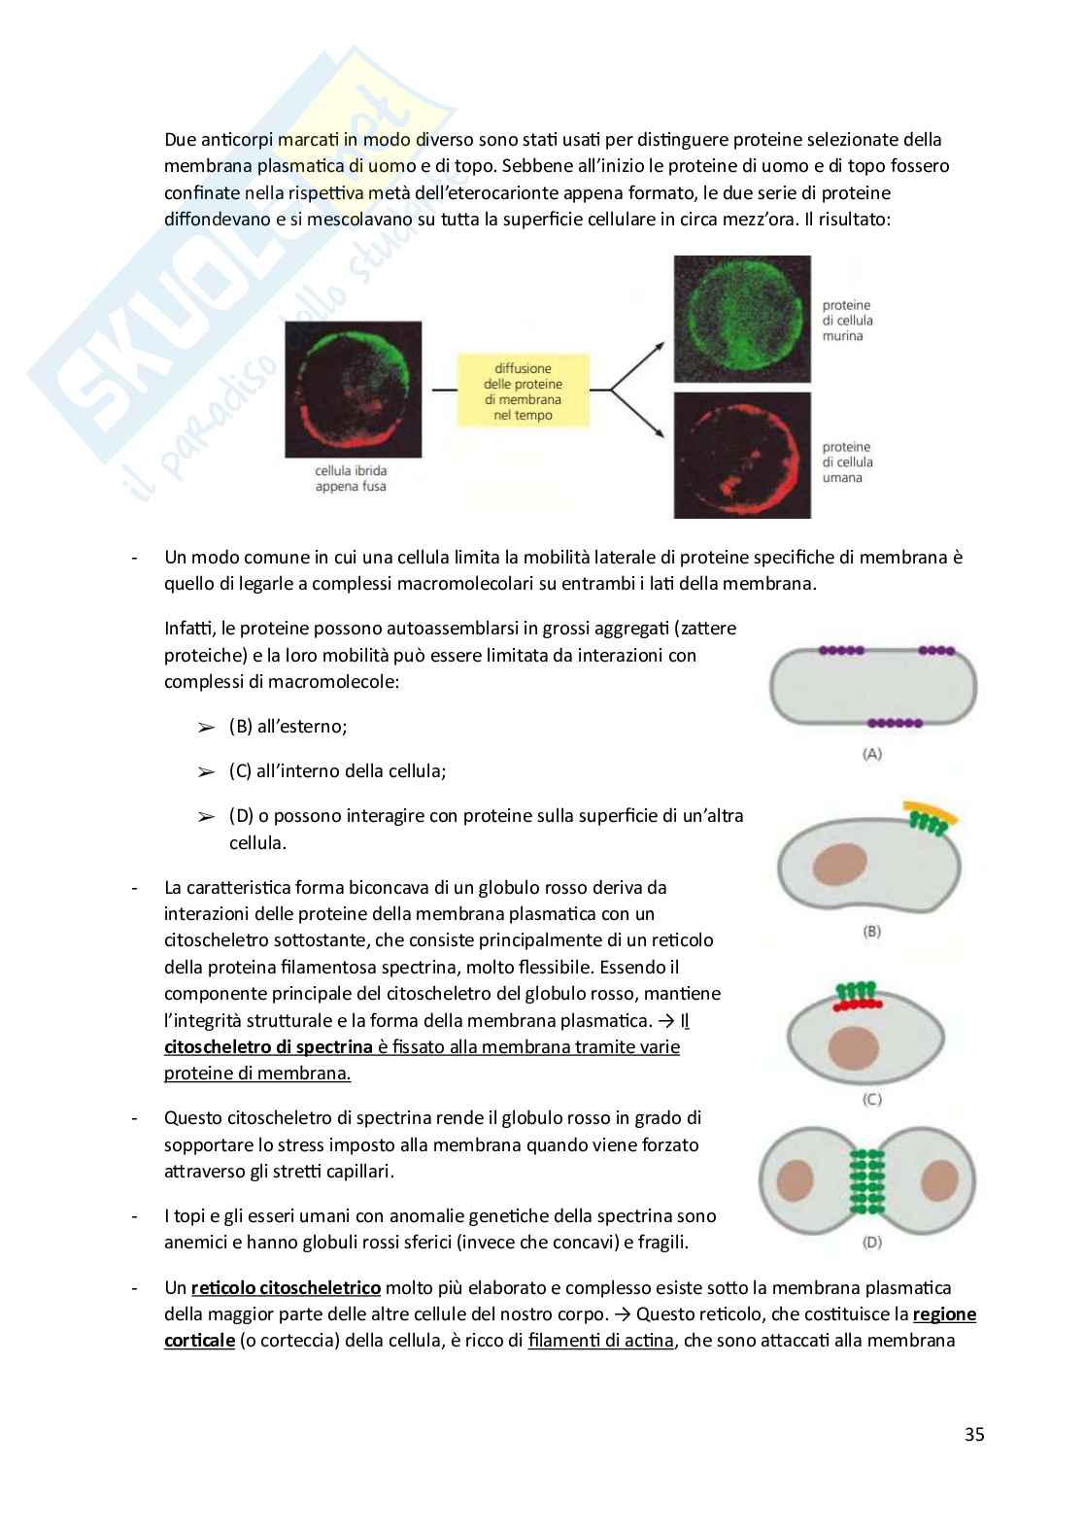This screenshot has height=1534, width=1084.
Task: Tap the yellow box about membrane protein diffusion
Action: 523,392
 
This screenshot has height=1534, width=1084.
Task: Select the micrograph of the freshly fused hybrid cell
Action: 354,389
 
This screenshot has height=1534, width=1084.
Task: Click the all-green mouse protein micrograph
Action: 742,319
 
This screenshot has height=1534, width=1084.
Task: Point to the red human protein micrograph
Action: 742,454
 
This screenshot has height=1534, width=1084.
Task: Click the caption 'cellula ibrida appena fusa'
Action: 351,479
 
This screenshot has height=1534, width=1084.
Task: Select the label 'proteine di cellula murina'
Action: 847,321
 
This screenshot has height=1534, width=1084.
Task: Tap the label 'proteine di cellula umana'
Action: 847,462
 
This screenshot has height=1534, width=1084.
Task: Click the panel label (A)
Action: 871,754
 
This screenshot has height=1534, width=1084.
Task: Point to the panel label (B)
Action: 871,932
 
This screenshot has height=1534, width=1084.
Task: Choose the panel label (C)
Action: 871,1100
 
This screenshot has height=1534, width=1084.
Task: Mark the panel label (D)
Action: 871,1242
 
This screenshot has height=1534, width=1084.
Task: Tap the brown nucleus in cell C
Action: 851,1051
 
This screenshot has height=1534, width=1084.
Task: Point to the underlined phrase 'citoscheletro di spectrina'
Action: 268,1047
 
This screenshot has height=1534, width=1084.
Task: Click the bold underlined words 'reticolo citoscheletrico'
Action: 286,1288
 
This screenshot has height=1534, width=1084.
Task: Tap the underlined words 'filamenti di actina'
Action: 600,1341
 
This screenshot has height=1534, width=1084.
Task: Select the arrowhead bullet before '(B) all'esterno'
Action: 205,728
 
